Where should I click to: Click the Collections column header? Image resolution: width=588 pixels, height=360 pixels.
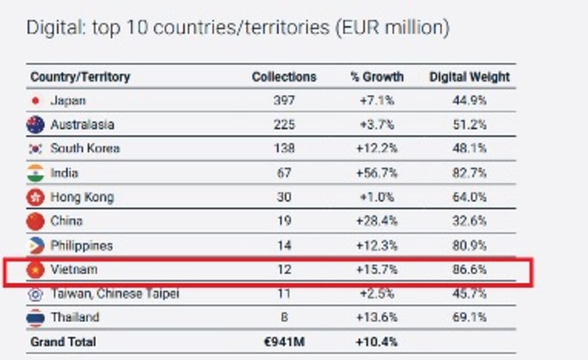(284, 77)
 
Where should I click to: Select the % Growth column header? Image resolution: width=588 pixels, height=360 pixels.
(377, 77)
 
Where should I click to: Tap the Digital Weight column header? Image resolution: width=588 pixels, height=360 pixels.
(469, 77)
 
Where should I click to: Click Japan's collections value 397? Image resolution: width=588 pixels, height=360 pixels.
(284, 100)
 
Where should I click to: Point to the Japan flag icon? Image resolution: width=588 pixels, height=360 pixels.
(36, 101)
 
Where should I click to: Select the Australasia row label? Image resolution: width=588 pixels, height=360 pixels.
(82, 125)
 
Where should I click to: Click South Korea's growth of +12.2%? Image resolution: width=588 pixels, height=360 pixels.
(377, 149)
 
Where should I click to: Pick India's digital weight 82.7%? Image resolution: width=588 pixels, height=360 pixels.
(469, 173)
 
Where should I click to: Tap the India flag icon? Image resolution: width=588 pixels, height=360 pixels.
(36, 173)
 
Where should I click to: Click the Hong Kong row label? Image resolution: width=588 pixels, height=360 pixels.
(82, 197)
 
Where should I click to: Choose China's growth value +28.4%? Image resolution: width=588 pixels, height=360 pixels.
(377, 221)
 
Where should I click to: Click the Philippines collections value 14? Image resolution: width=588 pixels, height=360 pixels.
(284, 245)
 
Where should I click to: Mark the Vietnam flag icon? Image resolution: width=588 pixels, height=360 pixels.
(36, 269)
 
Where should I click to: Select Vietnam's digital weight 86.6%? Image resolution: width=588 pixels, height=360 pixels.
(469, 269)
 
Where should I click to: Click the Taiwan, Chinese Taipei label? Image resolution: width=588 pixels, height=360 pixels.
(115, 293)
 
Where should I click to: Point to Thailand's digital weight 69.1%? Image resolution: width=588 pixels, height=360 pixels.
(469, 317)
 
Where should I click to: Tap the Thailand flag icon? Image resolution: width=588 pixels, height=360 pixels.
(36, 318)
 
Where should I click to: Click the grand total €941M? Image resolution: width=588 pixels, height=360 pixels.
(284, 342)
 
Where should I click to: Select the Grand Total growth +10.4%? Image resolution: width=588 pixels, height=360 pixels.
(377, 342)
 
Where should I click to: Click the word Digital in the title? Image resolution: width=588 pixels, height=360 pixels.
(53, 28)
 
